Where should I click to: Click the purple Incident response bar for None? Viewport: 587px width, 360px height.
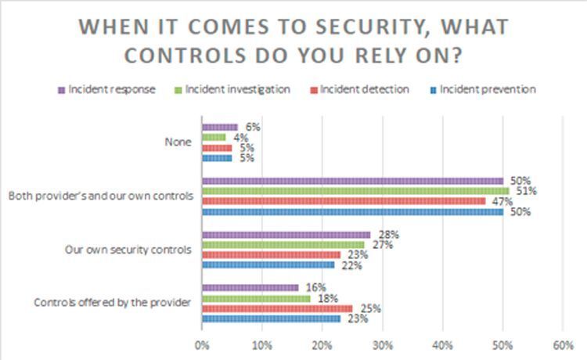tap(220, 127)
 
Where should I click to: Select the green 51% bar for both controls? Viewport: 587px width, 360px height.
tap(355, 190)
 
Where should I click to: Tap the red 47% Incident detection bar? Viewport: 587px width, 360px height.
tap(344, 200)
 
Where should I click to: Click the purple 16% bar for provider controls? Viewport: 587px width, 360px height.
tap(250, 287)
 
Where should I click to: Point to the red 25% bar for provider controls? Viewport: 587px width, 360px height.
tap(277, 308)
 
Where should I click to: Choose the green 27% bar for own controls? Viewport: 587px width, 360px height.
tap(283, 244)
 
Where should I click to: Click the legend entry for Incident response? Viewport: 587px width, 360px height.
tap(108, 89)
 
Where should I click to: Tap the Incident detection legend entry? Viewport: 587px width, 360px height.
tap(358, 89)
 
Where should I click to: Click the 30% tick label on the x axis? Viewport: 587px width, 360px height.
tap(382, 344)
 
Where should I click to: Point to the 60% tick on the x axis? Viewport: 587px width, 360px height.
tap(562, 344)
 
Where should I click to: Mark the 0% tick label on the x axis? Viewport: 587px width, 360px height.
tap(202, 344)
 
